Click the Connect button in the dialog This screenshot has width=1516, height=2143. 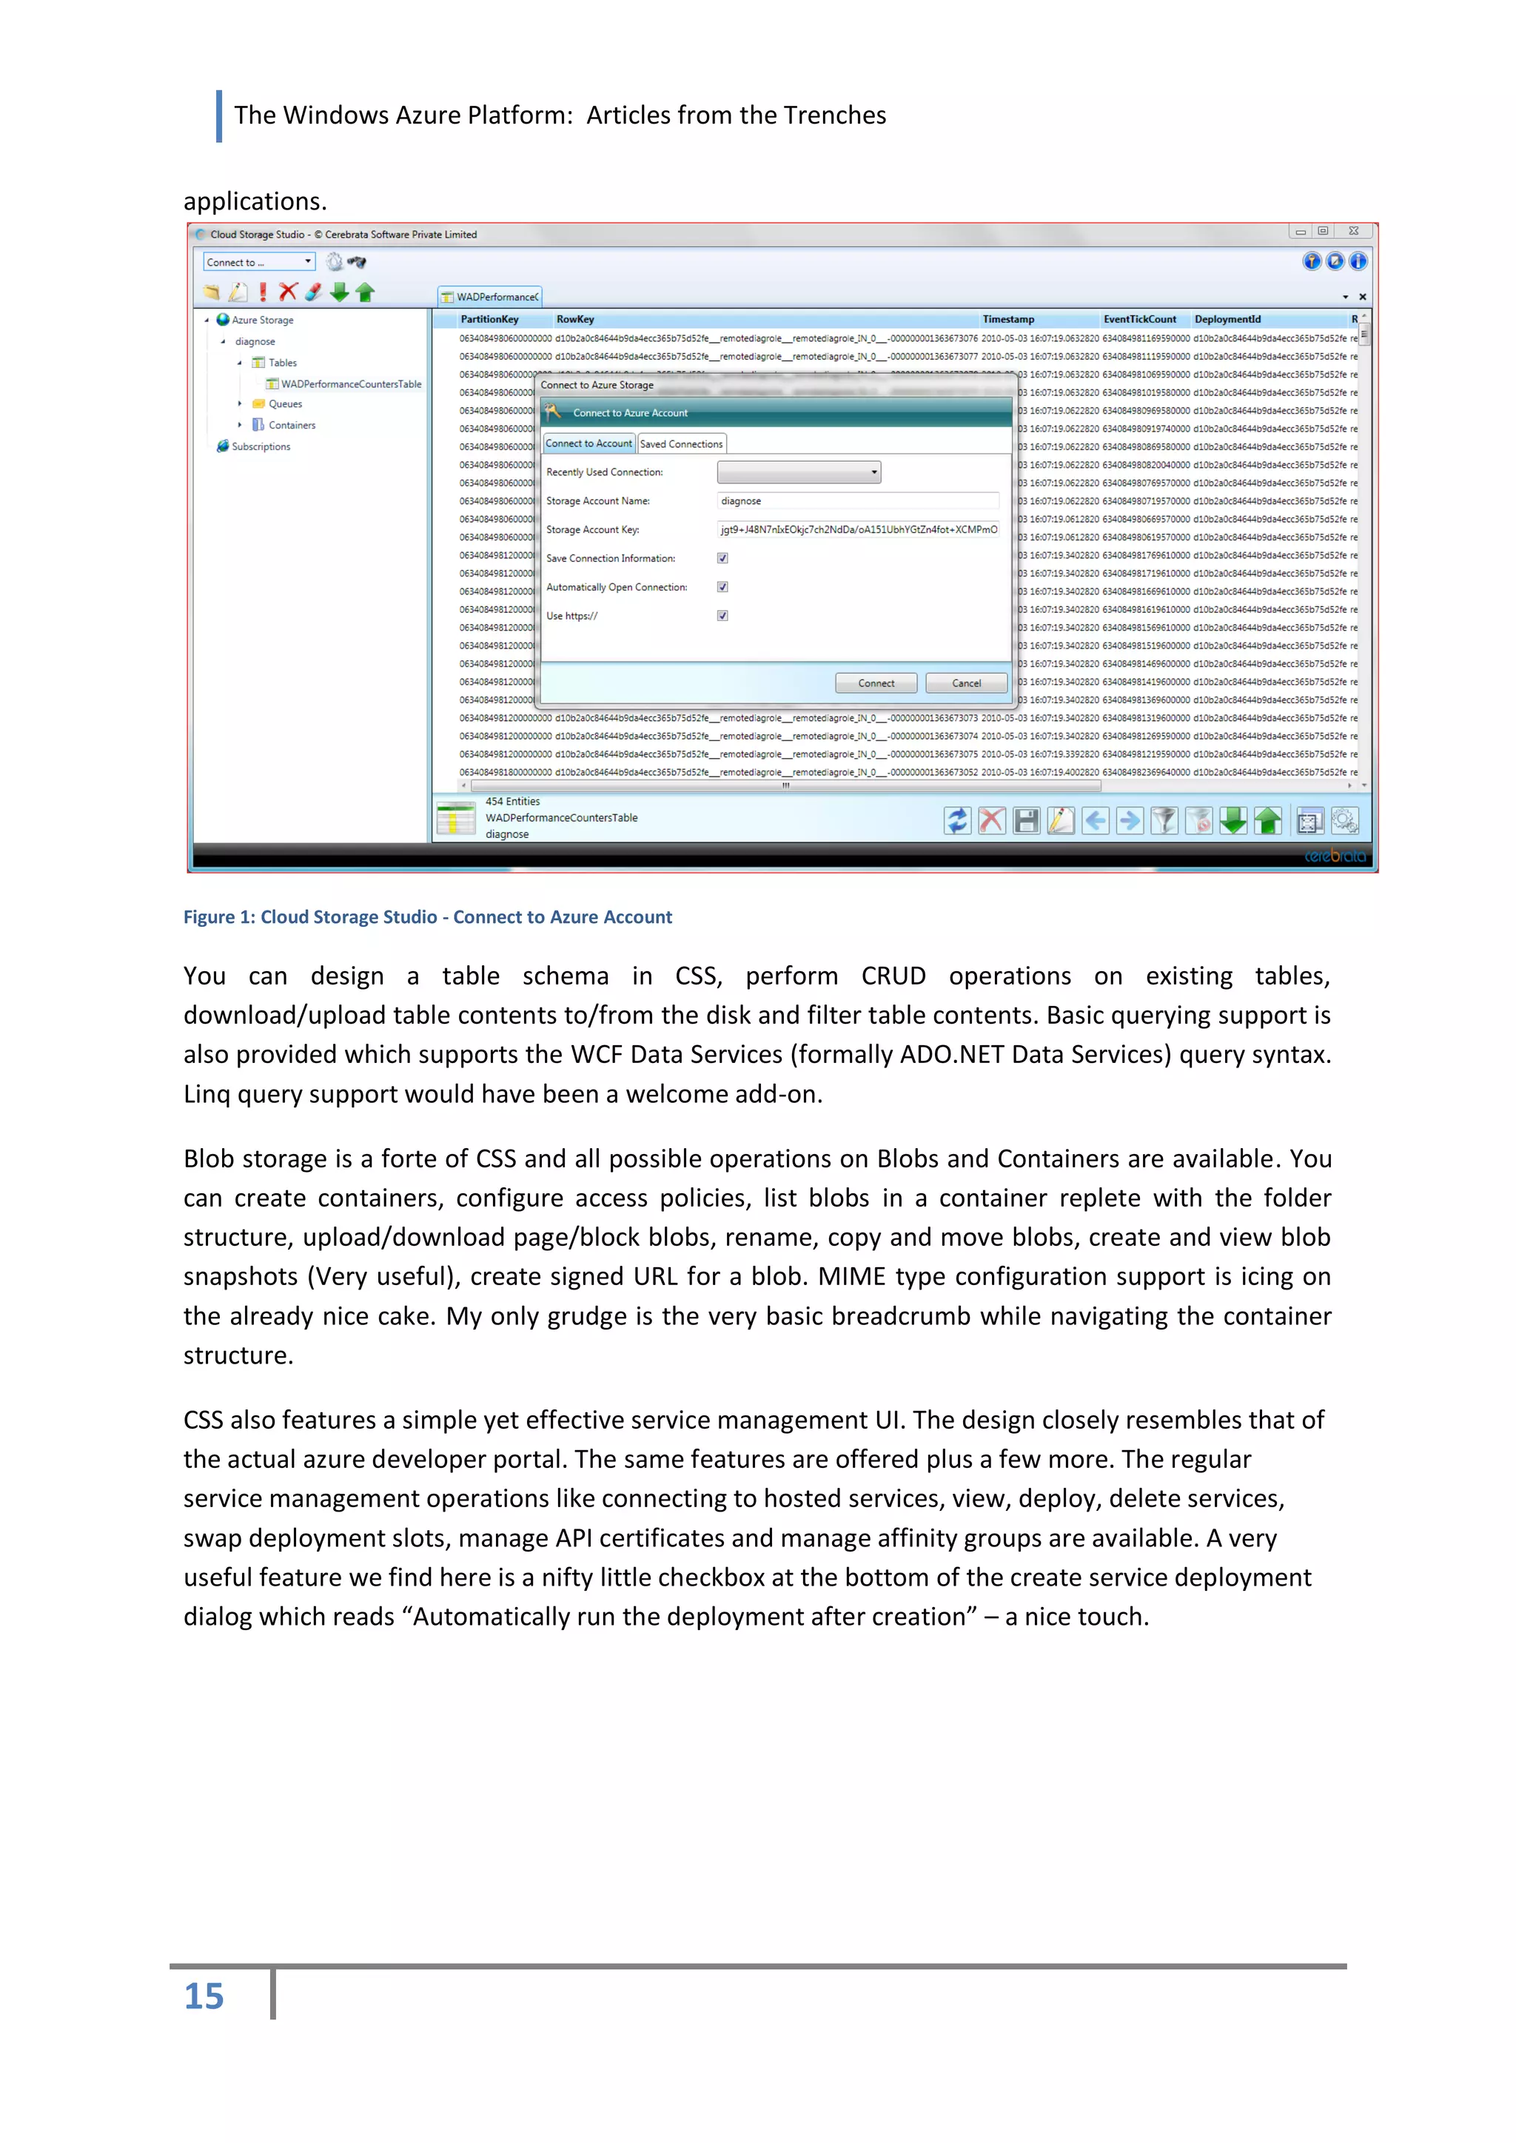click(x=875, y=683)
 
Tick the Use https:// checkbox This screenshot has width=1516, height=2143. click(x=722, y=616)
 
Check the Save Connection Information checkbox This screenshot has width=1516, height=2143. click(x=722, y=558)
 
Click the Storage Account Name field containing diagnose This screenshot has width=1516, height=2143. click(x=857, y=501)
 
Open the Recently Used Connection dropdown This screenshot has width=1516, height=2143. click(x=798, y=472)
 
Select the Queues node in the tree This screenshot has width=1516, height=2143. click(x=285, y=404)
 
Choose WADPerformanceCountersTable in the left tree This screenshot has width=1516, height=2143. click(x=350, y=383)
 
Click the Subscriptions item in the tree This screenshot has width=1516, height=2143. click(x=261, y=447)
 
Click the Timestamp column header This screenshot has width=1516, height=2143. click(x=1007, y=319)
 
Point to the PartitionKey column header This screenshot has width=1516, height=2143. click(x=489, y=319)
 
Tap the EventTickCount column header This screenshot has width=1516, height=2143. click(x=1139, y=319)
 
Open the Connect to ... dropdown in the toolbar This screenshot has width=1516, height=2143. click(x=258, y=262)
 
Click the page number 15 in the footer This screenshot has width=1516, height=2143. click(x=204, y=1996)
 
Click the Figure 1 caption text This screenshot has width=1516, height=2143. click(x=428, y=916)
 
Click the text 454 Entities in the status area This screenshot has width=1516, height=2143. click(x=512, y=802)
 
